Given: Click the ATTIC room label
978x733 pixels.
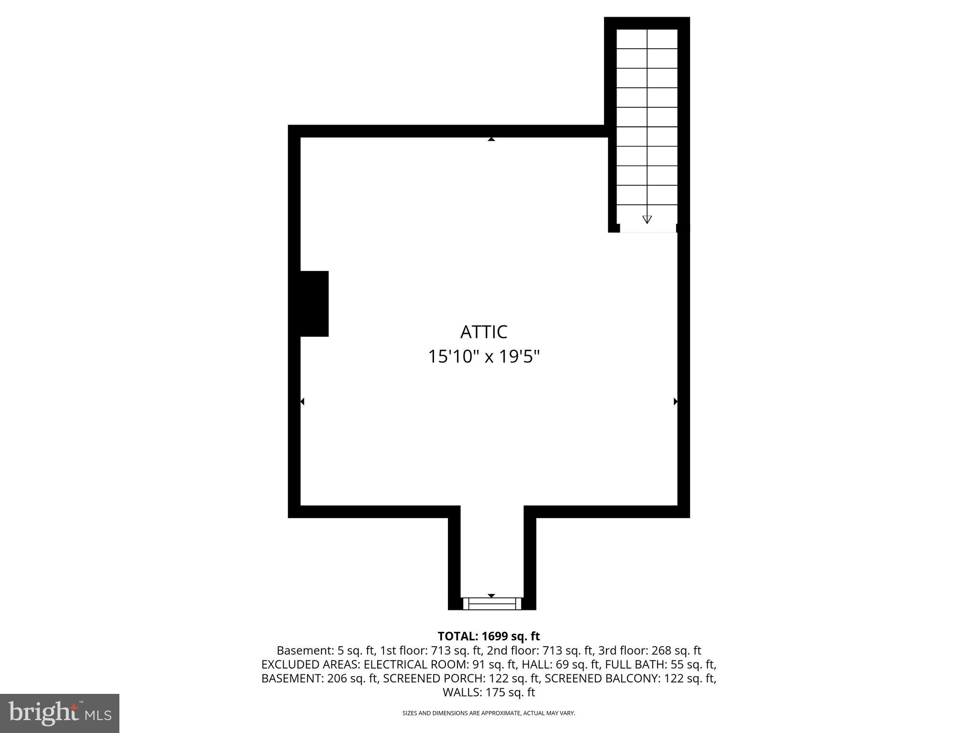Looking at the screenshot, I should click(483, 332).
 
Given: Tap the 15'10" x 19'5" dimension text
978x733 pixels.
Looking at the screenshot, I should click(483, 356).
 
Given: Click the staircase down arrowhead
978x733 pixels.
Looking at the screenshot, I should click(647, 220).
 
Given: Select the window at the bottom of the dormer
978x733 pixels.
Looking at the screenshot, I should click(492, 604).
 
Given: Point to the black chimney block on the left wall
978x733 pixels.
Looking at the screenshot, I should click(314, 304).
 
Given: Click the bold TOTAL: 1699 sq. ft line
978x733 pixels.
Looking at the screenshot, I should click(489, 636).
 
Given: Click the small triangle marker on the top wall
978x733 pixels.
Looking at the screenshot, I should click(491, 139).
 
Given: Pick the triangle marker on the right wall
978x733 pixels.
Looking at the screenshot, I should click(675, 401).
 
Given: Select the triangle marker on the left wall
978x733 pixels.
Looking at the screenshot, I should click(302, 401).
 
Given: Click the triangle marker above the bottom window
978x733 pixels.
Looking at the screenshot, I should click(491, 596).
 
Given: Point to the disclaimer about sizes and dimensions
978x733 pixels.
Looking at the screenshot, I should click(489, 713).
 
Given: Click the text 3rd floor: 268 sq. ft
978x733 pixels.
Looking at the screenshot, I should click(649, 650).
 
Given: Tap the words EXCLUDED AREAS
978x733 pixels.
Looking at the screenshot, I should click(310, 664).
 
